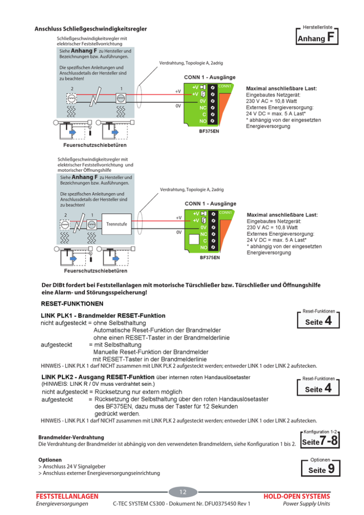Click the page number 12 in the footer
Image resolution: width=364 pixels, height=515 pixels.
[x=183, y=492]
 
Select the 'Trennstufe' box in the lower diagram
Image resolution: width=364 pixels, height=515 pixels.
[x=117, y=224]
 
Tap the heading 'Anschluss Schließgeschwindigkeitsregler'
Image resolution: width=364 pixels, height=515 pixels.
[x=91, y=29]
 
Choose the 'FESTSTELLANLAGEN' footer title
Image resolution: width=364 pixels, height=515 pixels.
[x=67, y=496]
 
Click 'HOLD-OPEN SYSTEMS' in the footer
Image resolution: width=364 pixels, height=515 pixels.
[x=297, y=496]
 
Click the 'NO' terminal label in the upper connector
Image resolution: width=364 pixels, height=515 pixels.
[x=203, y=121]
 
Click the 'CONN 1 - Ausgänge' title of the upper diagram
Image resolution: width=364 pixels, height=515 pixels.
[x=210, y=77]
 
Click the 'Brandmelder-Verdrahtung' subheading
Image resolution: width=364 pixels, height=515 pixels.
[x=70, y=438]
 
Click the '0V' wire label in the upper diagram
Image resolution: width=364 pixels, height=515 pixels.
[x=178, y=106]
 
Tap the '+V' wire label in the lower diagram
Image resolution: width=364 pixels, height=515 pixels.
[x=179, y=217]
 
